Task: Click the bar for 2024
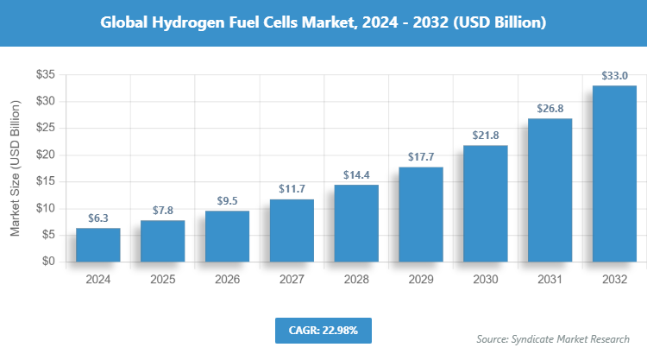pos(97,244)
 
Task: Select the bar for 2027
pos(292,231)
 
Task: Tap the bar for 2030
pos(485,204)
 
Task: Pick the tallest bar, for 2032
pos(614,174)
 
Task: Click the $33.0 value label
pos(614,76)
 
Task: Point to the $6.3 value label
pos(97,218)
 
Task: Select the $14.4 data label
pos(355,175)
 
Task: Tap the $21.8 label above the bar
pos(485,136)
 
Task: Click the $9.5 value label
pos(227,201)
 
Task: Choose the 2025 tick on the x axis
pos(162,280)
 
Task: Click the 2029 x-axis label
pos(420,280)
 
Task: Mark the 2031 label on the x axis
pos(550,280)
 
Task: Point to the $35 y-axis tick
pos(46,75)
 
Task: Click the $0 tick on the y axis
pos(49,262)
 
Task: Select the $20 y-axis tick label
pos(46,155)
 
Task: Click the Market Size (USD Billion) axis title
pos(15,168)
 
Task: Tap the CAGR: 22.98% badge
pos(323,330)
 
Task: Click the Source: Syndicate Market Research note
pos(553,338)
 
